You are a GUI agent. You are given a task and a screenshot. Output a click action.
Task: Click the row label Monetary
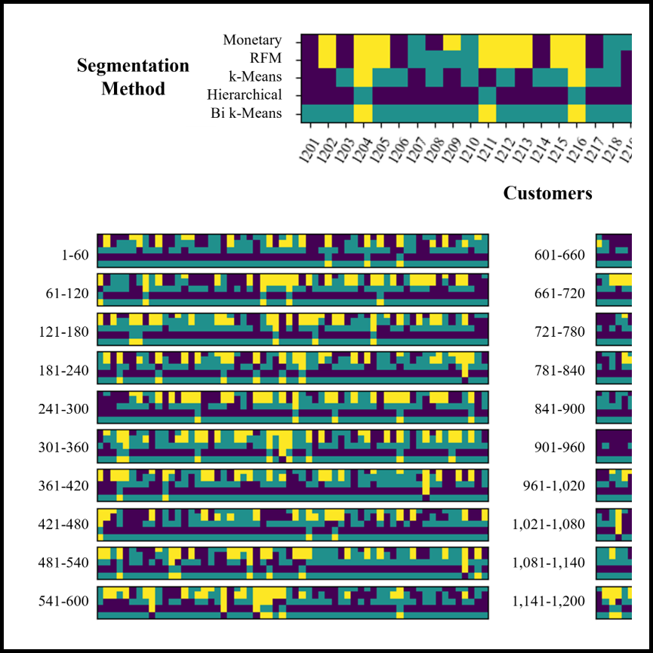click(252, 41)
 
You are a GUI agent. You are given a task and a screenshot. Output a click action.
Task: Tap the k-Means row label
click(255, 77)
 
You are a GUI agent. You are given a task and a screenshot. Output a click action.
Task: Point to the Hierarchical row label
click(245, 95)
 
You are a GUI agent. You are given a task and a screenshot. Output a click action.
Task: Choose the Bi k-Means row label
click(246, 113)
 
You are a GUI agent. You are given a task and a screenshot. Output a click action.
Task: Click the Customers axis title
click(547, 193)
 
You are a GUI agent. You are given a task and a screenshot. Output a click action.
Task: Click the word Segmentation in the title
click(133, 66)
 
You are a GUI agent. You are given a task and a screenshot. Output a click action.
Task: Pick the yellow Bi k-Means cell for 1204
click(362, 113)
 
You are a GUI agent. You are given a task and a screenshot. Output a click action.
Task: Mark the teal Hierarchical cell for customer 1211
click(487, 95)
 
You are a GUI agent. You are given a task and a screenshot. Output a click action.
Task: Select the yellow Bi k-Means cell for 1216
click(577, 113)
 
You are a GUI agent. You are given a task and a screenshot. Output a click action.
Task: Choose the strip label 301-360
click(63, 448)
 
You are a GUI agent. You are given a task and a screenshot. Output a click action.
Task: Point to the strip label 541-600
click(63, 602)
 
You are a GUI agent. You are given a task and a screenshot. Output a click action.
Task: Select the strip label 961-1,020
click(554, 485)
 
